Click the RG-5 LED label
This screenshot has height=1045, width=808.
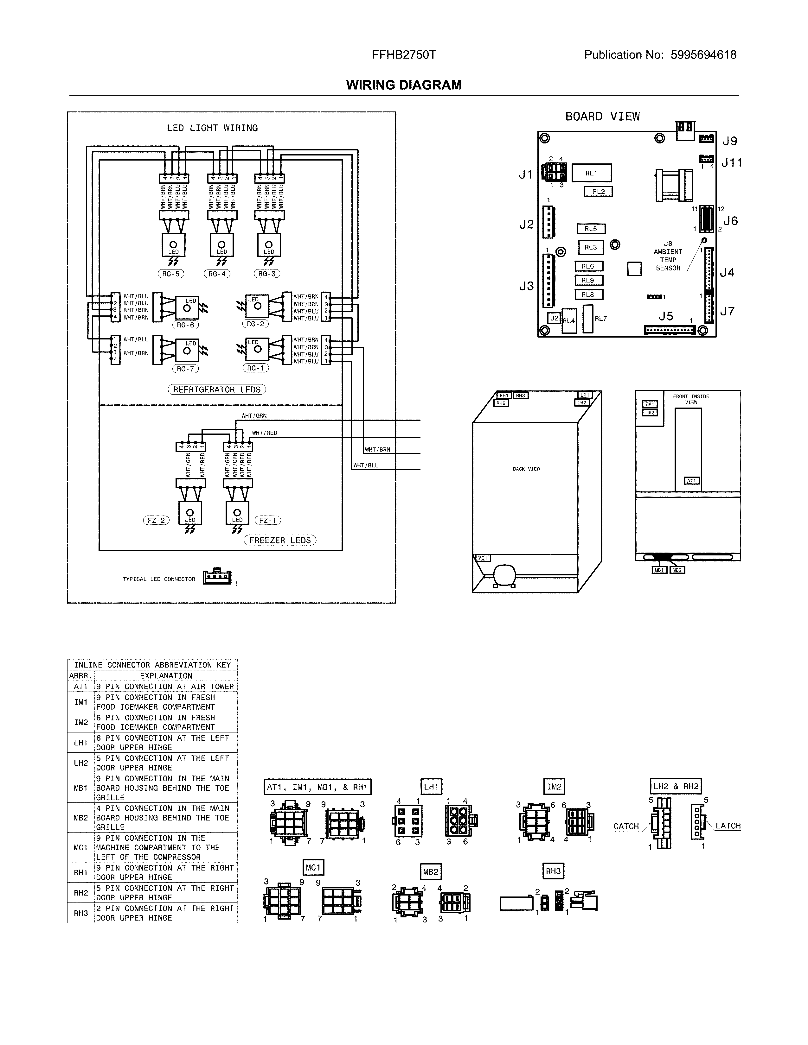coord(170,274)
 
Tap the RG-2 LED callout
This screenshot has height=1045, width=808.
coord(255,324)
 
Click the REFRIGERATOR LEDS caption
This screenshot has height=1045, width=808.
coord(217,389)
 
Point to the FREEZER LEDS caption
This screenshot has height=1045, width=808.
coord(280,540)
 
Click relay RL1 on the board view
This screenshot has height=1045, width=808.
coord(592,173)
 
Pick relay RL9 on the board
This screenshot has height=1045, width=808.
coord(588,280)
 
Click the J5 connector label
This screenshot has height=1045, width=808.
coord(665,316)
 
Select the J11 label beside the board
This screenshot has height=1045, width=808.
coord(731,163)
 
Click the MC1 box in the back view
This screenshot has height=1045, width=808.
coord(483,558)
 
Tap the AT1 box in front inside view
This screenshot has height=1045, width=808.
coord(692,481)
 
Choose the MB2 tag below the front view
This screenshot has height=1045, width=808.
coord(677,570)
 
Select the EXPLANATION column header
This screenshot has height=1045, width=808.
coord(166,676)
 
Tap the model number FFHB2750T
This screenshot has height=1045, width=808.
coord(404,55)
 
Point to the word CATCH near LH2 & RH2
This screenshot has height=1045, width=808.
coord(626,826)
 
